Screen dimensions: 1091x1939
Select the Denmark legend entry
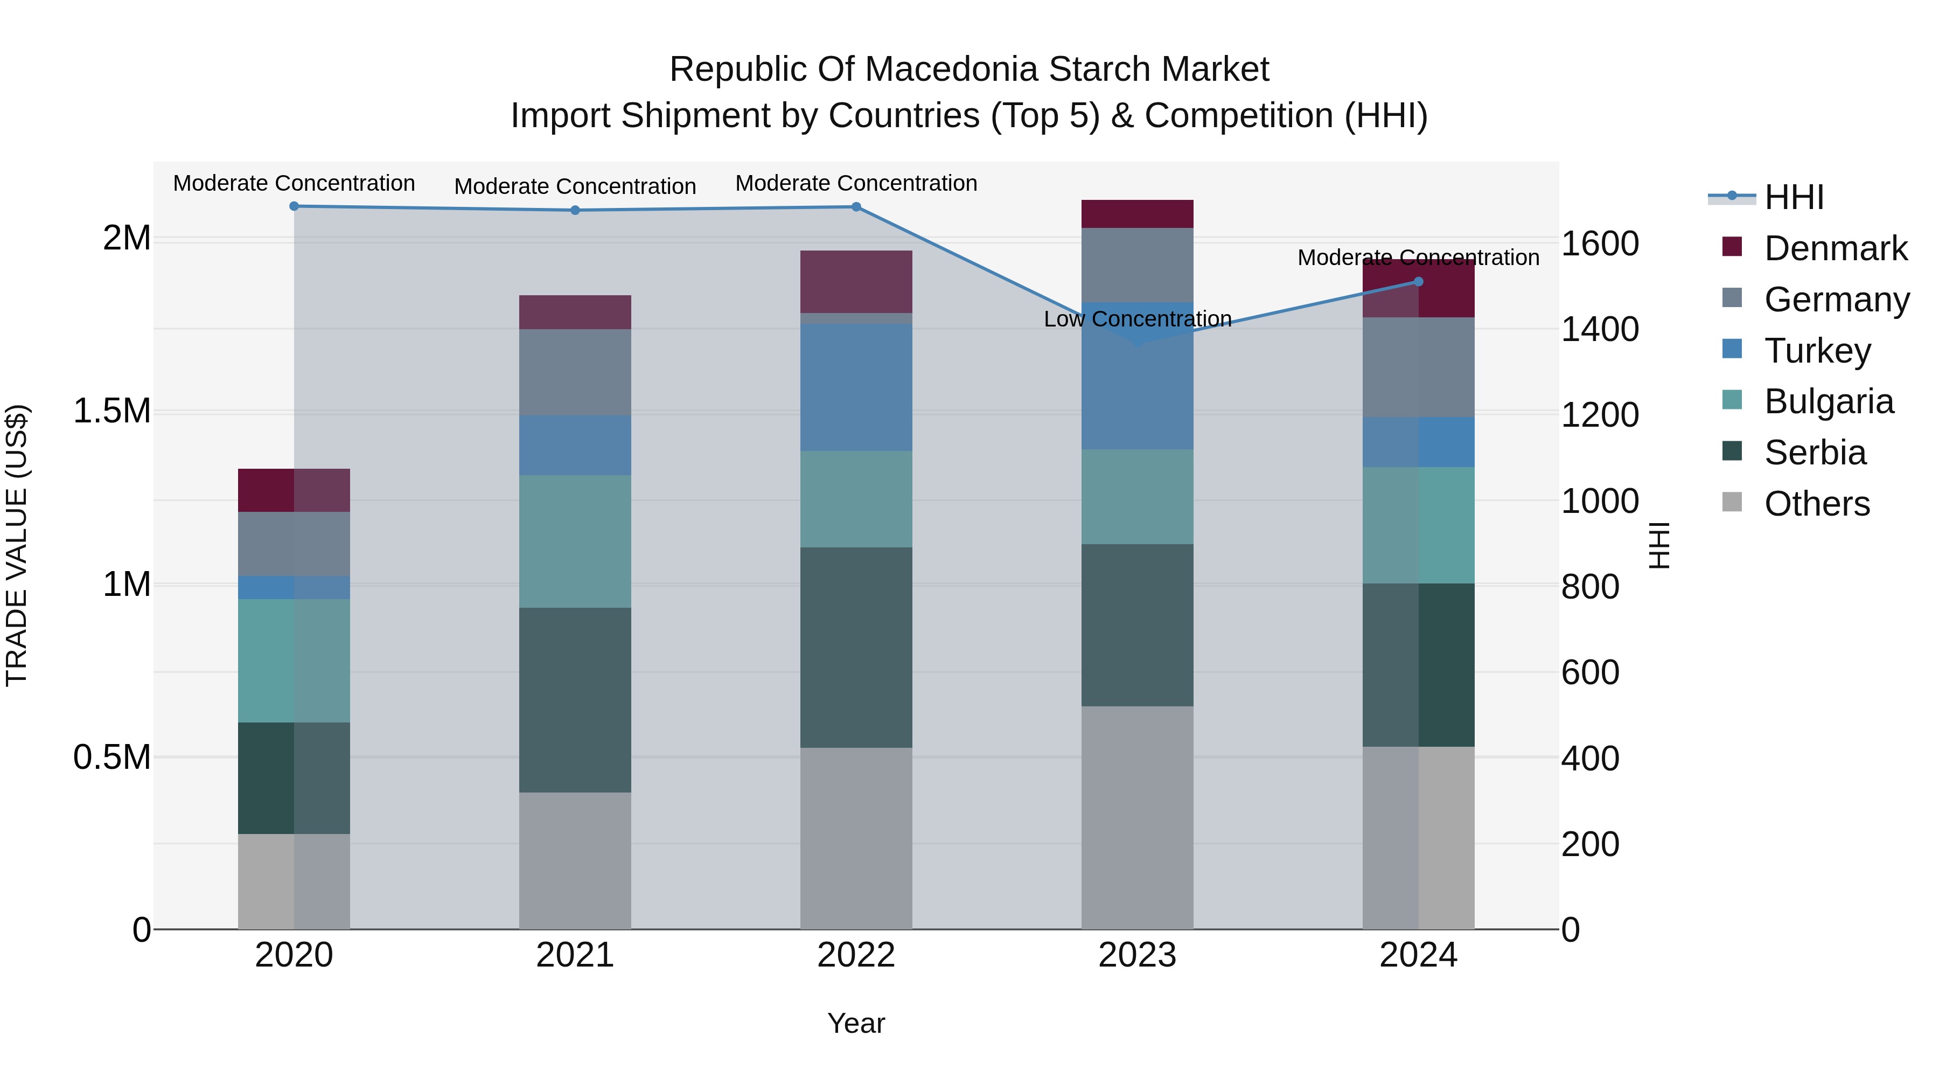[x=1835, y=248]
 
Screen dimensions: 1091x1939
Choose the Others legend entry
[x=1816, y=504]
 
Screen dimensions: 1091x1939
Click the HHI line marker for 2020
[x=294, y=206]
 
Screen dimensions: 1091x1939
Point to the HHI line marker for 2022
[x=856, y=207]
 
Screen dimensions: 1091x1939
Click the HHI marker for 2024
[x=1418, y=282]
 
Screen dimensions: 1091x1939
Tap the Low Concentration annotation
[x=1138, y=319]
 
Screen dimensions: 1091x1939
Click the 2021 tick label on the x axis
[x=575, y=955]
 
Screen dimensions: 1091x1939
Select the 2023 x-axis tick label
[x=1138, y=955]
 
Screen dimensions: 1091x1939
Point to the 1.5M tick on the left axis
[x=112, y=411]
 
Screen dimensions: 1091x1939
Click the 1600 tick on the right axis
[x=1600, y=244]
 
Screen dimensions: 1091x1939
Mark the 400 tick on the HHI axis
[x=1590, y=758]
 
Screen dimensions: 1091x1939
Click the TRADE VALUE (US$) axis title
[x=17, y=545]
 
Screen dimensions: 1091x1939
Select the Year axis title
[x=856, y=1023]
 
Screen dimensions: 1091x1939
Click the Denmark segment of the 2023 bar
[x=1138, y=214]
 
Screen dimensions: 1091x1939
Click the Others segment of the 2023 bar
[x=1138, y=817]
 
